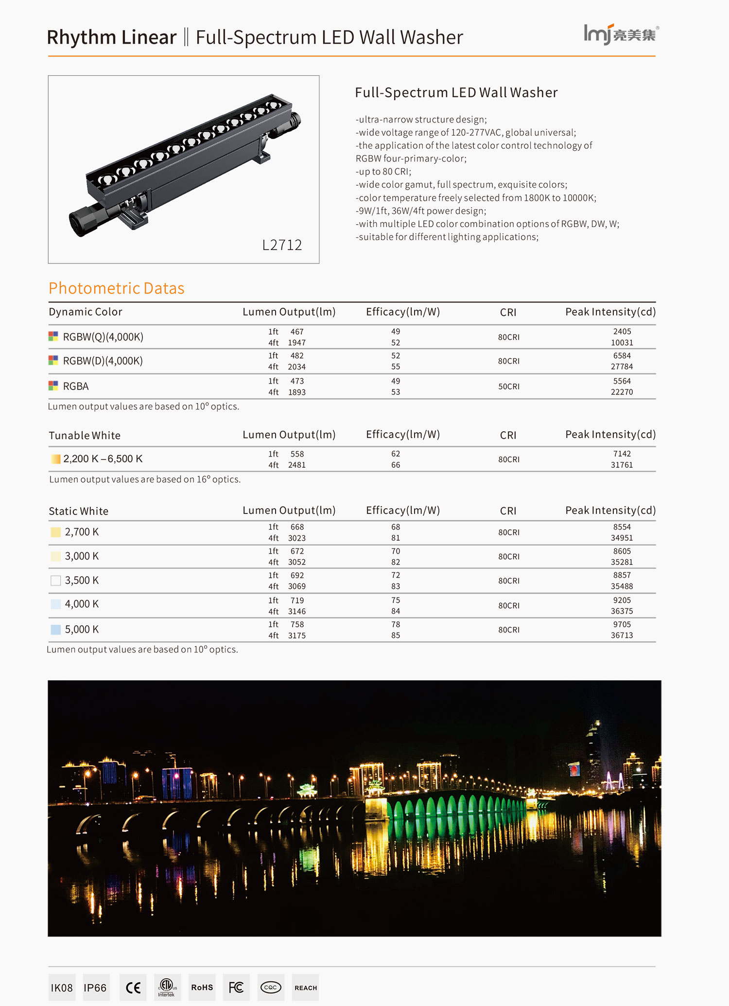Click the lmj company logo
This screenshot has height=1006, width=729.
tap(621, 35)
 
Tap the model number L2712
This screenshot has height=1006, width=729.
tap(282, 245)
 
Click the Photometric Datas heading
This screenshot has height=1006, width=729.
tap(117, 288)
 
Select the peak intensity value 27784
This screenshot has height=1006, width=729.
tap(622, 367)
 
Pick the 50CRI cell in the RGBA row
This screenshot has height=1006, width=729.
tap(508, 387)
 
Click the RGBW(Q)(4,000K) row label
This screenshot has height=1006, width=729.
tap(103, 337)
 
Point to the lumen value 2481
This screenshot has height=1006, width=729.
tap(296, 465)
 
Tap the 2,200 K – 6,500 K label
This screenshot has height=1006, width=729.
tap(103, 459)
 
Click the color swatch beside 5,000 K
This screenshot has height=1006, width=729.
tap(56, 630)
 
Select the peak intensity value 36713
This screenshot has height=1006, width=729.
tap(622, 635)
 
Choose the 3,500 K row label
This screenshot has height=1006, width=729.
tap(82, 581)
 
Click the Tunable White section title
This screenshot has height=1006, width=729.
tap(85, 436)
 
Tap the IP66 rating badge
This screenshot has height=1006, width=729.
tap(95, 988)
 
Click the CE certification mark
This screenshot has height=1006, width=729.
tap(133, 988)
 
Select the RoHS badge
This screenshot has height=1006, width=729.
tap(202, 988)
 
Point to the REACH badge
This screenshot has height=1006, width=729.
tap(305, 988)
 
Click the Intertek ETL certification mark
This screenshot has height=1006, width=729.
tap(167, 988)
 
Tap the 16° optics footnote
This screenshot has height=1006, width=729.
tap(145, 479)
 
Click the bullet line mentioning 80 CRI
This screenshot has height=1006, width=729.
tap(383, 172)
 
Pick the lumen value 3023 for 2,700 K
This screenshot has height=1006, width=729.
tap(296, 538)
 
